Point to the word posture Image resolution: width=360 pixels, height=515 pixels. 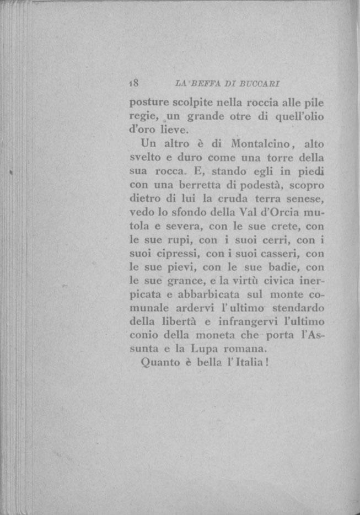pyautogui.click(x=147, y=103)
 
